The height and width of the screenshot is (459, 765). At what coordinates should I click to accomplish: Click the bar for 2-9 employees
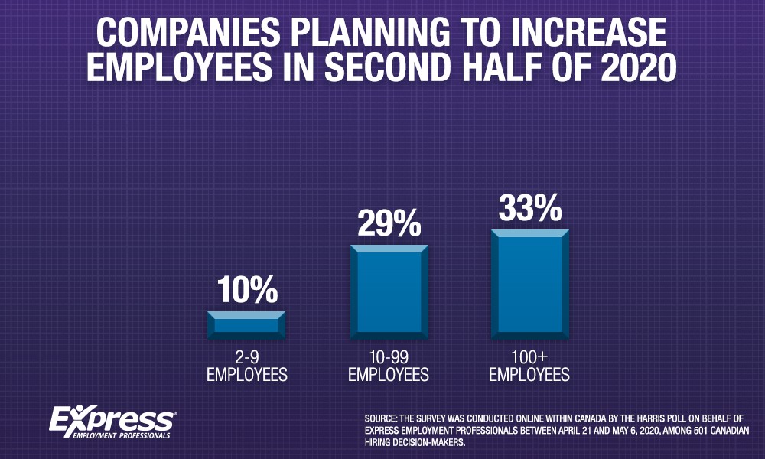pyautogui.click(x=246, y=325)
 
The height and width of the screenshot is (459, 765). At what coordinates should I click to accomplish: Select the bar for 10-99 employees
pyautogui.click(x=389, y=292)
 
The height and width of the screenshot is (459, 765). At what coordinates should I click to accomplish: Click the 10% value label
pyautogui.click(x=246, y=291)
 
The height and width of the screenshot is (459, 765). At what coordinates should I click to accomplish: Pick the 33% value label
pyautogui.click(x=529, y=209)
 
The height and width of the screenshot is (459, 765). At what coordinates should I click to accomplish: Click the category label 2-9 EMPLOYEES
pyautogui.click(x=246, y=367)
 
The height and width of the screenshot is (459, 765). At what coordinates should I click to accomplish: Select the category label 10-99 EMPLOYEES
pyautogui.click(x=389, y=367)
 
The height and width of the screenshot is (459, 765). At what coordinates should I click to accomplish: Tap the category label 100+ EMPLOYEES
pyautogui.click(x=529, y=367)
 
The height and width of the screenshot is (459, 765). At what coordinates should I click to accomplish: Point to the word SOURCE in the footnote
pyautogui.click(x=382, y=418)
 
